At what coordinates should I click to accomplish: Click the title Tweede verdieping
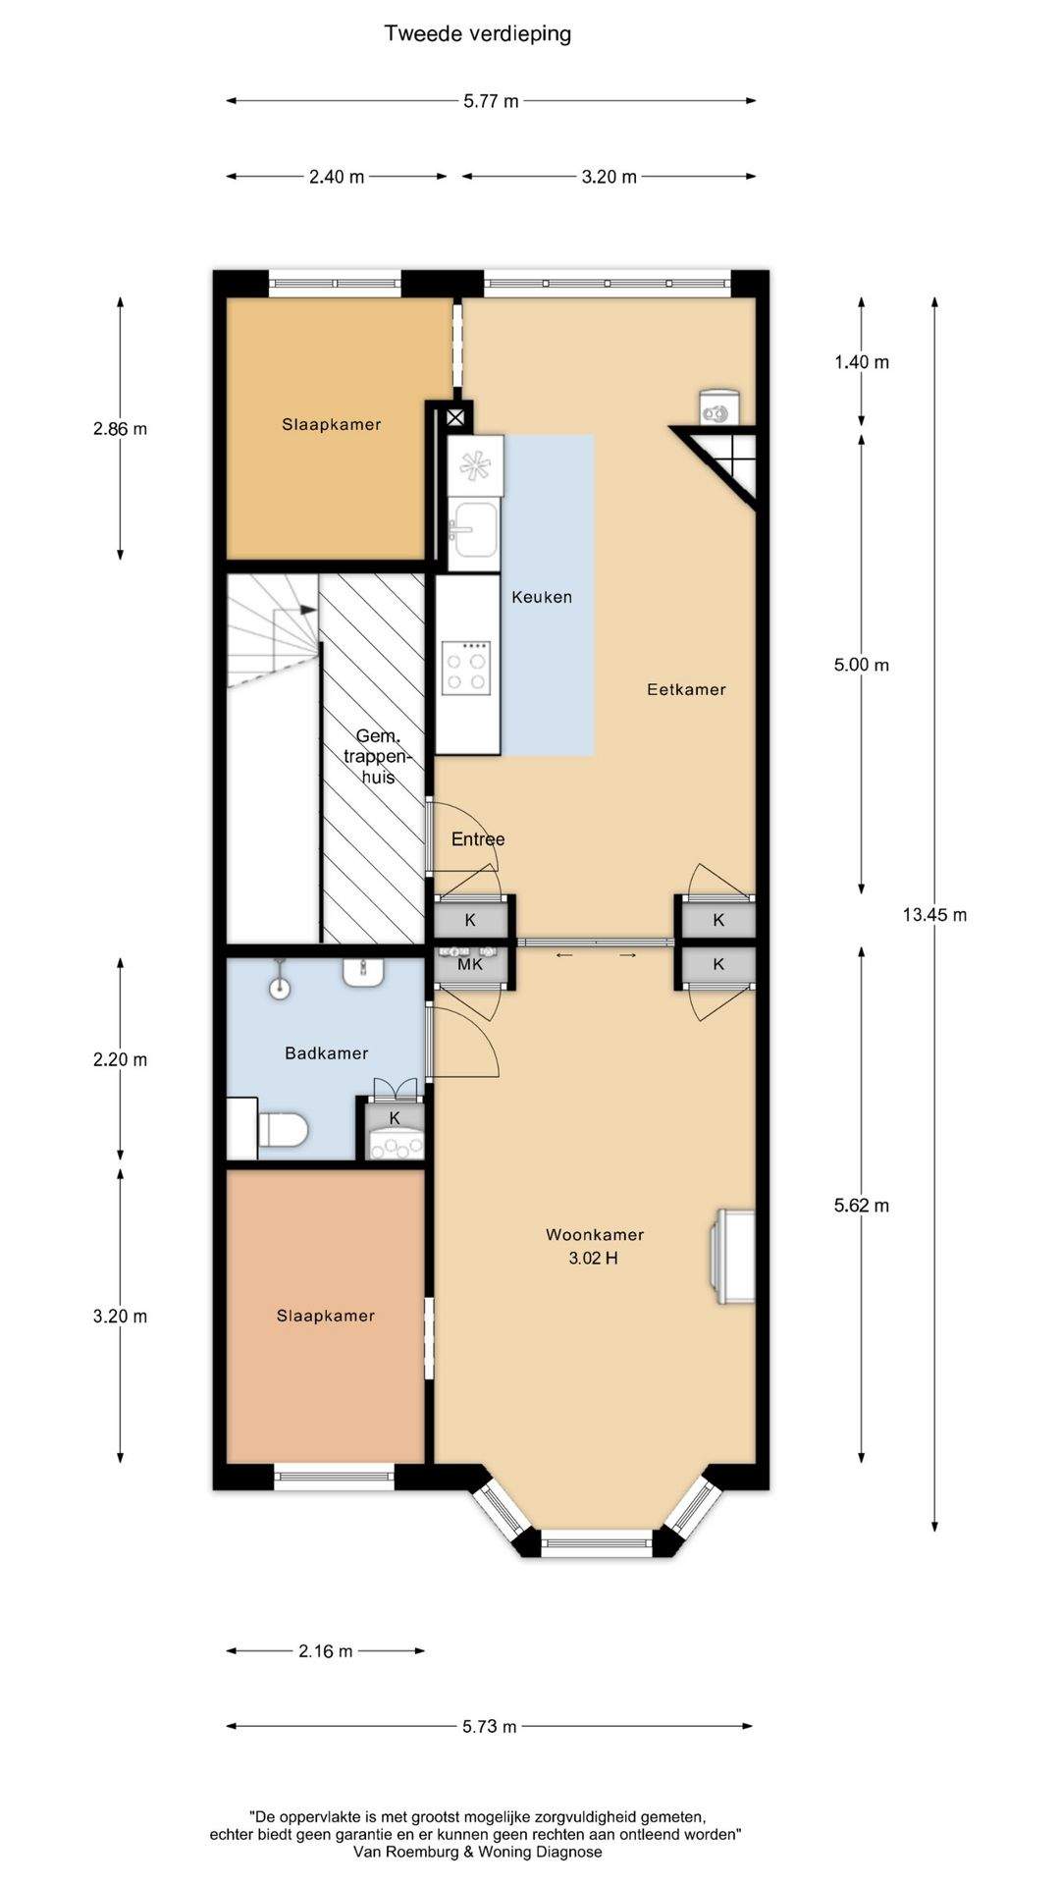point(478,34)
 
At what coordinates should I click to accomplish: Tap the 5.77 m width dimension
point(491,100)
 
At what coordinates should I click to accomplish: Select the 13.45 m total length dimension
point(934,915)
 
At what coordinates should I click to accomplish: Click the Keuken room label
point(542,597)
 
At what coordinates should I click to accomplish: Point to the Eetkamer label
point(686,689)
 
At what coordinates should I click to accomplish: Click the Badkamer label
point(327,1053)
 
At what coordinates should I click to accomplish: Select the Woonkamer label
point(595,1235)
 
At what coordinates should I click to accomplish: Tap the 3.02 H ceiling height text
point(593,1259)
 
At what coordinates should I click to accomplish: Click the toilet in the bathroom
point(283,1129)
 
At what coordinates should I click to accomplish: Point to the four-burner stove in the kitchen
point(466,668)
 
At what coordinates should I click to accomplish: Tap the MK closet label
point(470,964)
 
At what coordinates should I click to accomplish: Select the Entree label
point(478,839)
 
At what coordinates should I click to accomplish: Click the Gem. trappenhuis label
point(377,757)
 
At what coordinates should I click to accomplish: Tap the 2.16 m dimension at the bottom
point(326,1651)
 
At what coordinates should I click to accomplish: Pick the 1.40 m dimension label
point(862,362)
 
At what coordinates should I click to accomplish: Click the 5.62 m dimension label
point(862,1206)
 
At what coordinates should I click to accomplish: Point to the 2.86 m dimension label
point(121,429)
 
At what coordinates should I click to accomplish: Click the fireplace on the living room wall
point(734,1257)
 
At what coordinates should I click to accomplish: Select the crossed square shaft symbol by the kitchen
point(455,416)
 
